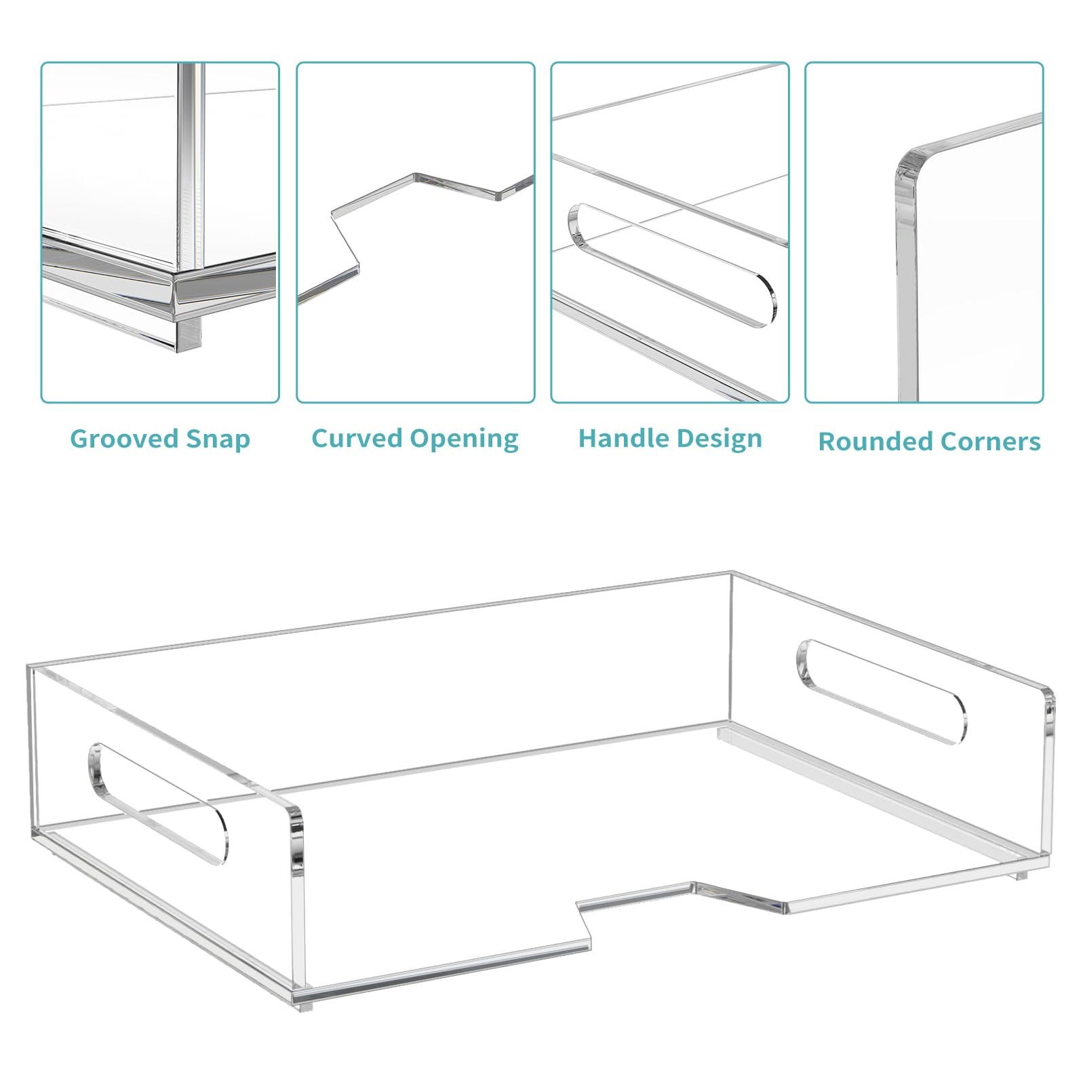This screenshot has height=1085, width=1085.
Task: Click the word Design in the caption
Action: pyautogui.click(x=720, y=439)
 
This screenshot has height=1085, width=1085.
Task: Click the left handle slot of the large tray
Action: pyautogui.click(x=157, y=805)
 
